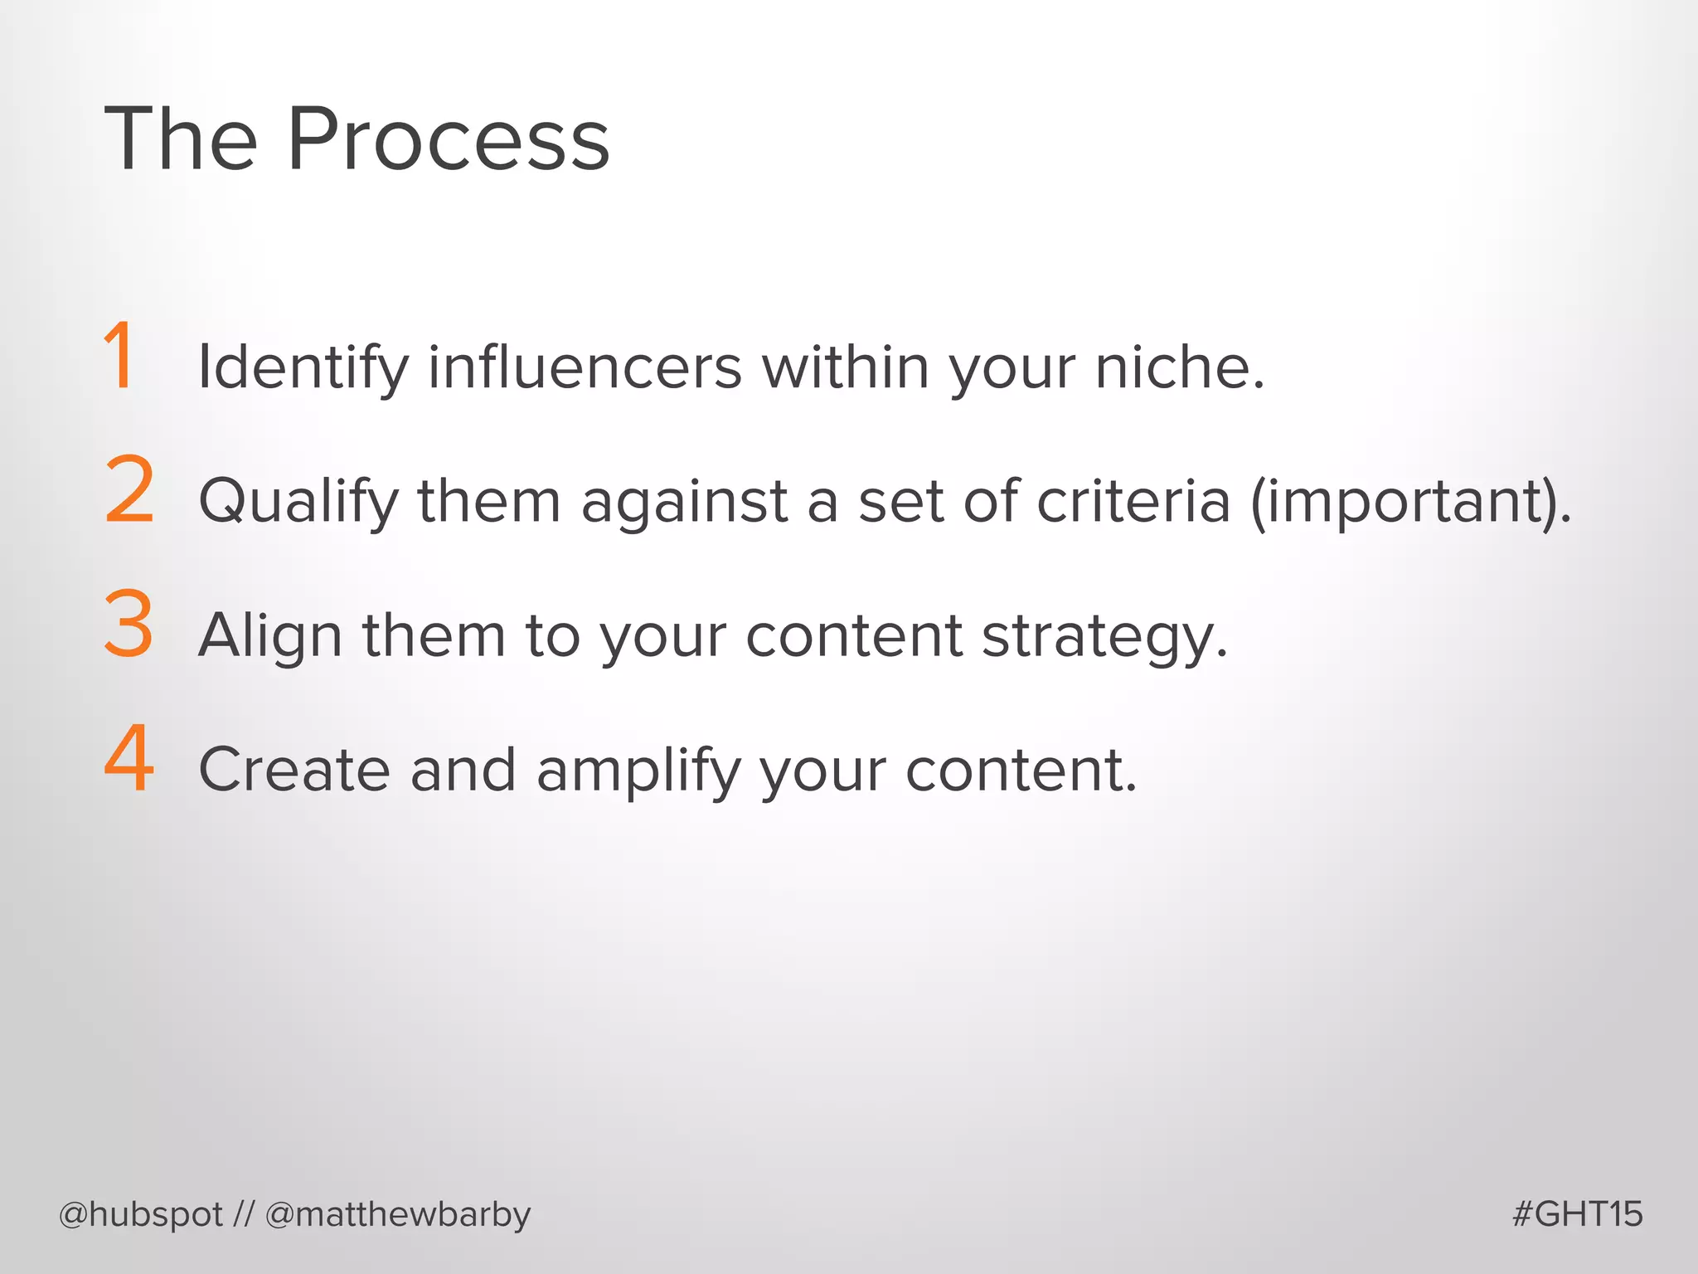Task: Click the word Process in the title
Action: [448, 141]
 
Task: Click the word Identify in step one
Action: [303, 367]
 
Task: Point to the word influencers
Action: [585, 367]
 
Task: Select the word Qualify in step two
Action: [299, 502]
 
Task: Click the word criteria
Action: [1133, 502]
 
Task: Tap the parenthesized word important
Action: [1410, 502]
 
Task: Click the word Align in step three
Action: [270, 636]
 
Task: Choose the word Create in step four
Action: [294, 770]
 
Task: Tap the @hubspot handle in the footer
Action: [141, 1214]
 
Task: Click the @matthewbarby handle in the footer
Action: [398, 1214]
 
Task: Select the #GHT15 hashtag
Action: [1577, 1214]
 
